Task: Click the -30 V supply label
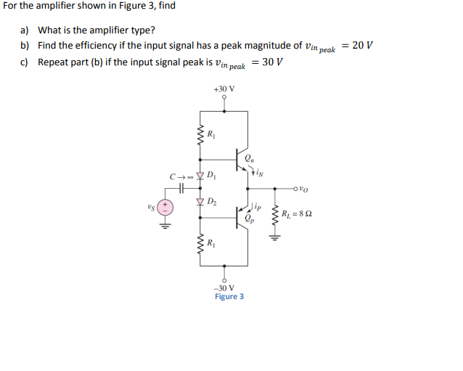click(224, 288)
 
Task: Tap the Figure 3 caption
click(229, 297)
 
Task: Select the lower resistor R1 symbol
click(200, 242)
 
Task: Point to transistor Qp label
click(250, 219)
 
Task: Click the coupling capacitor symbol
click(184, 187)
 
